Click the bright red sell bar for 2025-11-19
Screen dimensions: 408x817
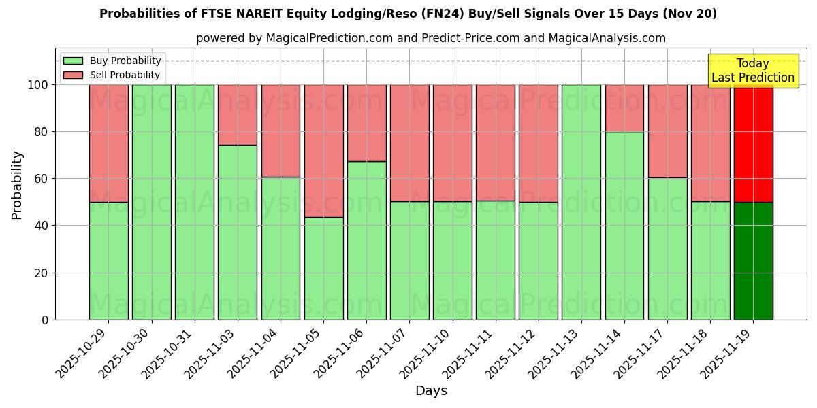[753, 143]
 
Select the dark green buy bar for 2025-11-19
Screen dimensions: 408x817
[753, 260]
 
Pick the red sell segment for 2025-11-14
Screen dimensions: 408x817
[624, 108]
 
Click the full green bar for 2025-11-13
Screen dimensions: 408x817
[581, 202]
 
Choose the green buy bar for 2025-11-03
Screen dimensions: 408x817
[238, 232]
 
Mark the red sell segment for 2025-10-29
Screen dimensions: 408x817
[108, 143]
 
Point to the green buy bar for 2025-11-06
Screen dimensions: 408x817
[366, 240]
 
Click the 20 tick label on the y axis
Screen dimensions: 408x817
[41, 273]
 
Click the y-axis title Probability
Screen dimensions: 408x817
[17, 185]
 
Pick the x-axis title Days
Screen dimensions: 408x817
[431, 391]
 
